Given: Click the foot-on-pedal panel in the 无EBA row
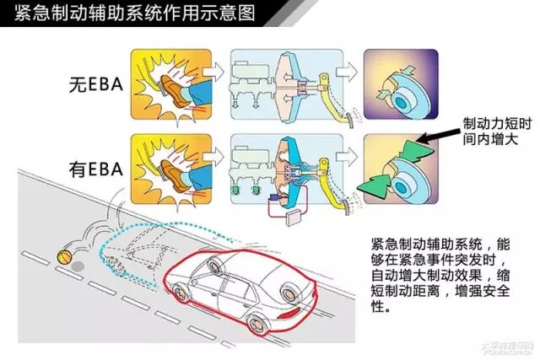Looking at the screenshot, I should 166,83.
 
